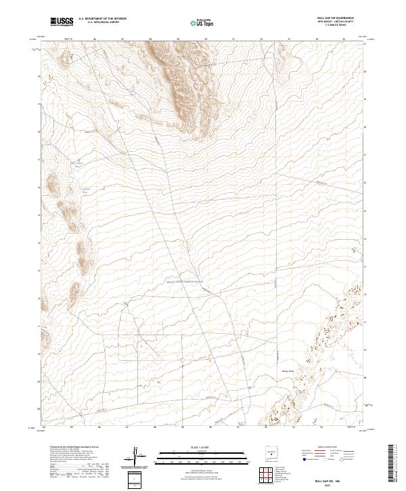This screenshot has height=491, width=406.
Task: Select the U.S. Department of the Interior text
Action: pyautogui.click(x=101, y=19)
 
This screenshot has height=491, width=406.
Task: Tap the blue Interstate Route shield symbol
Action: pyautogui.click(x=302, y=459)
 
